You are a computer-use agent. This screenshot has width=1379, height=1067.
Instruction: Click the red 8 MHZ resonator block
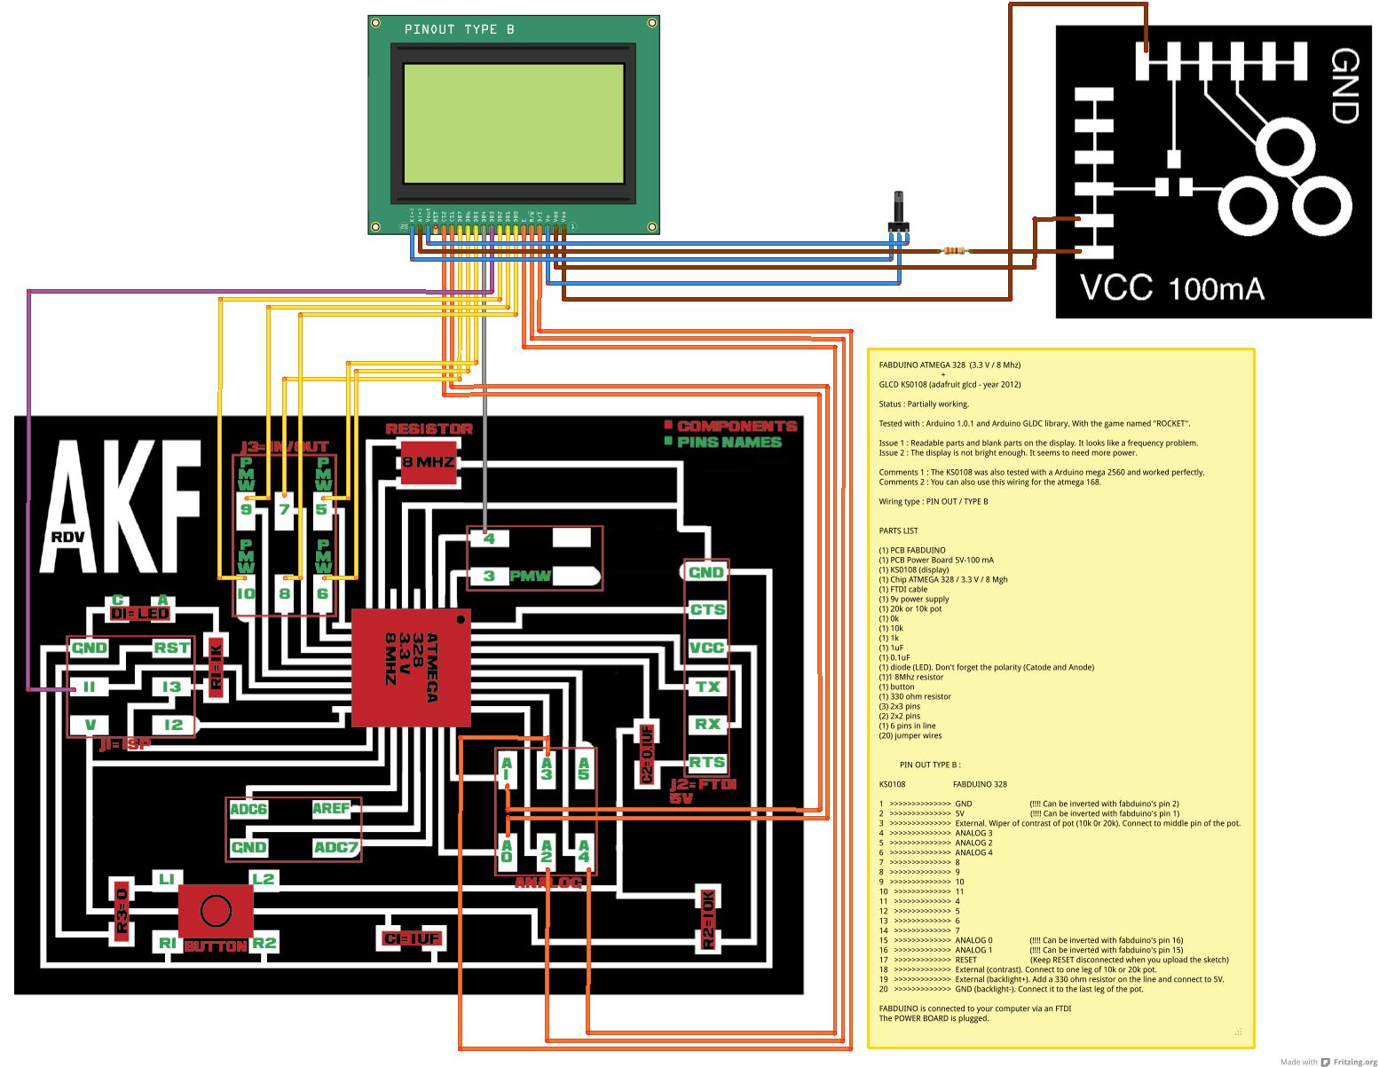(429, 462)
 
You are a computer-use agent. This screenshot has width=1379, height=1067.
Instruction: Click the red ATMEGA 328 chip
(410, 668)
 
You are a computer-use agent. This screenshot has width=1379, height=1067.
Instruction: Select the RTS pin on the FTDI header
(707, 762)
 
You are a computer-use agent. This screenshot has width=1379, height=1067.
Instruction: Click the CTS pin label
(707, 609)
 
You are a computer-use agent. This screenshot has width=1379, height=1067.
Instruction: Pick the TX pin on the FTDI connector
(707, 686)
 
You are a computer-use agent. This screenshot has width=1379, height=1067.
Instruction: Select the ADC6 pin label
(248, 809)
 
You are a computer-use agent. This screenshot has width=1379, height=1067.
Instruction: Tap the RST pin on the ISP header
(170, 648)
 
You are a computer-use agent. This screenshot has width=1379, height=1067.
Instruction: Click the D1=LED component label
(140, 614)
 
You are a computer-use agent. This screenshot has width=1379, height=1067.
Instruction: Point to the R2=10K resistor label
(707, 919)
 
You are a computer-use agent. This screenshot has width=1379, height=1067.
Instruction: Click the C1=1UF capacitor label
(410, 939)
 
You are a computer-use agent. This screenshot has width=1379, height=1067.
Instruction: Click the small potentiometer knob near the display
(897, 216)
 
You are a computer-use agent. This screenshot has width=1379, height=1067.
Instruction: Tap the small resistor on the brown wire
(955, 252)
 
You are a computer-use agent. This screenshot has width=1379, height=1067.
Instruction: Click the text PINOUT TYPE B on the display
(459, 29)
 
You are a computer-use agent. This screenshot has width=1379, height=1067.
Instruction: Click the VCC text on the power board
(1115, 288)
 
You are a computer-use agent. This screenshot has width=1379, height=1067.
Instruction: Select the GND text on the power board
(1344, 86)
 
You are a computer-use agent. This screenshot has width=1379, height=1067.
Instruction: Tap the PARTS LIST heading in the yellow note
(898, 530)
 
